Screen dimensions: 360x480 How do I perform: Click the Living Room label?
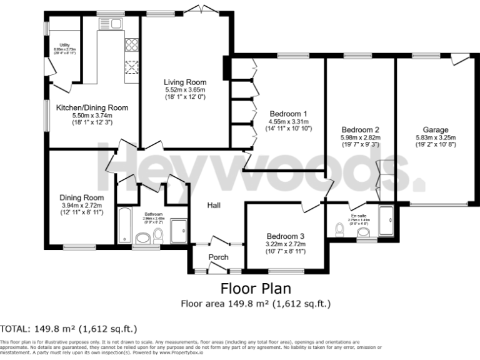tap(185, 82)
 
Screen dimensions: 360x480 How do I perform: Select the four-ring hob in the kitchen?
tap(132, 44)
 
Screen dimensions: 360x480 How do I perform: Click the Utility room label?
tap(64, 45)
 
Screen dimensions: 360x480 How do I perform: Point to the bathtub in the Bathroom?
tap(124, 225)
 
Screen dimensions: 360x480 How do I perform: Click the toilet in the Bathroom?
tap(158, 235)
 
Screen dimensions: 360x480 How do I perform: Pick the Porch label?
tap(218, 257)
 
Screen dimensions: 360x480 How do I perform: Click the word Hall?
tap(214, 205)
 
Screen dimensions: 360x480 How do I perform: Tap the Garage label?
tap(436, 130)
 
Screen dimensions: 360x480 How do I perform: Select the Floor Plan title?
tap(256, 289)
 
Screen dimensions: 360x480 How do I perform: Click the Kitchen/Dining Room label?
tap(92, 107)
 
